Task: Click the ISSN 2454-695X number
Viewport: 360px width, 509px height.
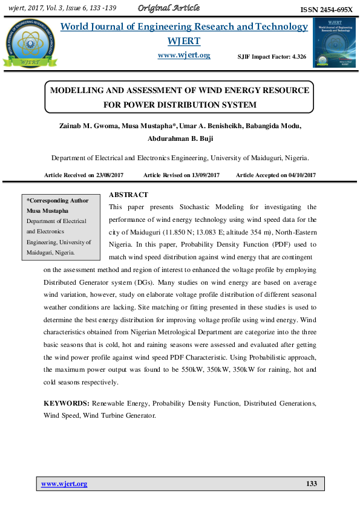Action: (x=326, y=10)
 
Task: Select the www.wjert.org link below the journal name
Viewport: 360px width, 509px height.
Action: (x=183, y=55)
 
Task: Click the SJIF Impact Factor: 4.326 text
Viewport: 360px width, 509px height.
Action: (x=272, y=56)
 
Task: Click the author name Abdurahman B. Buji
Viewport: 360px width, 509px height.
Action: (x=180, y=138)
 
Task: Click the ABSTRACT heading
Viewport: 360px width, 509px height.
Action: (x=128, y=195)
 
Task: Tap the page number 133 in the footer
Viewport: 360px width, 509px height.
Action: (x=312, y=484)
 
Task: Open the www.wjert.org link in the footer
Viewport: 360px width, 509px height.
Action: (x=64, y=484)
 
